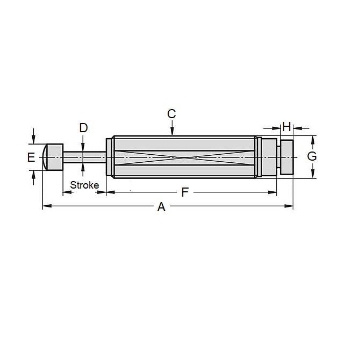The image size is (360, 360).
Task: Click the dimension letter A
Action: point(161,207)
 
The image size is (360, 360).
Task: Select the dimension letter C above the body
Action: point(171,114)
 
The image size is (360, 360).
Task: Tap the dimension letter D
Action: point(83,128)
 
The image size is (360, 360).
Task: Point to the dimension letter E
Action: point(31,157)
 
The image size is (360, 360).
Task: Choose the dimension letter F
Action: point(185,192)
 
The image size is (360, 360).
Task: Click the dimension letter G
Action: point(312,156)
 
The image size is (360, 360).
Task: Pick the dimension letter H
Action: point(286,127)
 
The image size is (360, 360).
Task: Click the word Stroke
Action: point(84,185)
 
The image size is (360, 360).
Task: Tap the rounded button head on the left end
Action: point(53,156)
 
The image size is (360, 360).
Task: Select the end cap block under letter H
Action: point(286,156)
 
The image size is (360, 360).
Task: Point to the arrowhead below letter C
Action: point(171,132)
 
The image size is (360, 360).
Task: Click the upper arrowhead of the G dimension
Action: point(312,139)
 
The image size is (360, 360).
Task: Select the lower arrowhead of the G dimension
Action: point(312,175)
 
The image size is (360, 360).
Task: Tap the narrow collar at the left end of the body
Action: point(110,157)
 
